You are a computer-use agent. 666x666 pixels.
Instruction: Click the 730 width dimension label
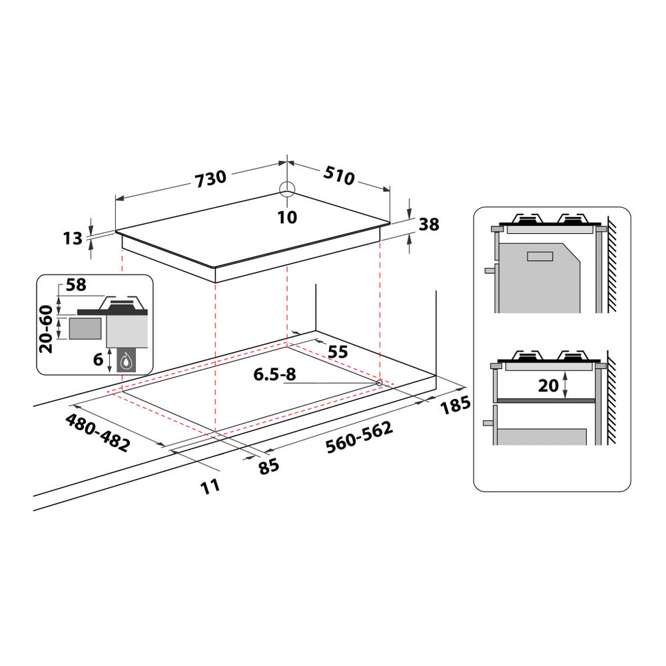[x=211, y=178]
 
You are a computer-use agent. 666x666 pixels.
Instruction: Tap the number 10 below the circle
[x=288, y=217]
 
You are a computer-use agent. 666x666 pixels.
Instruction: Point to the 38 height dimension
[x=430, y=225]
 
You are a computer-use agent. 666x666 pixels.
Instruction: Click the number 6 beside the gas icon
[x=98, y=360]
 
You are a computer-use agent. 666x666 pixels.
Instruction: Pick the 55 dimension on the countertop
[x=338, y=352]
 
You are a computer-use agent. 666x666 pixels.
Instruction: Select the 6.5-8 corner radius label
[x=274, y=375]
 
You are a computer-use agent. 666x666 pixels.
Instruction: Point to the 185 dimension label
[x=455, y=405]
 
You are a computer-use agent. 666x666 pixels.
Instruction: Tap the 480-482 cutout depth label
[x=98, y=433]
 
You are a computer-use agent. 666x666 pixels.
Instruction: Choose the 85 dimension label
[x=269, y=466]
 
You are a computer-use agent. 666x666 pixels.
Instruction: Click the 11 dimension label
[x=210, y=486]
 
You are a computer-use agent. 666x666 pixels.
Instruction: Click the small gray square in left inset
[x=86, y=328]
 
